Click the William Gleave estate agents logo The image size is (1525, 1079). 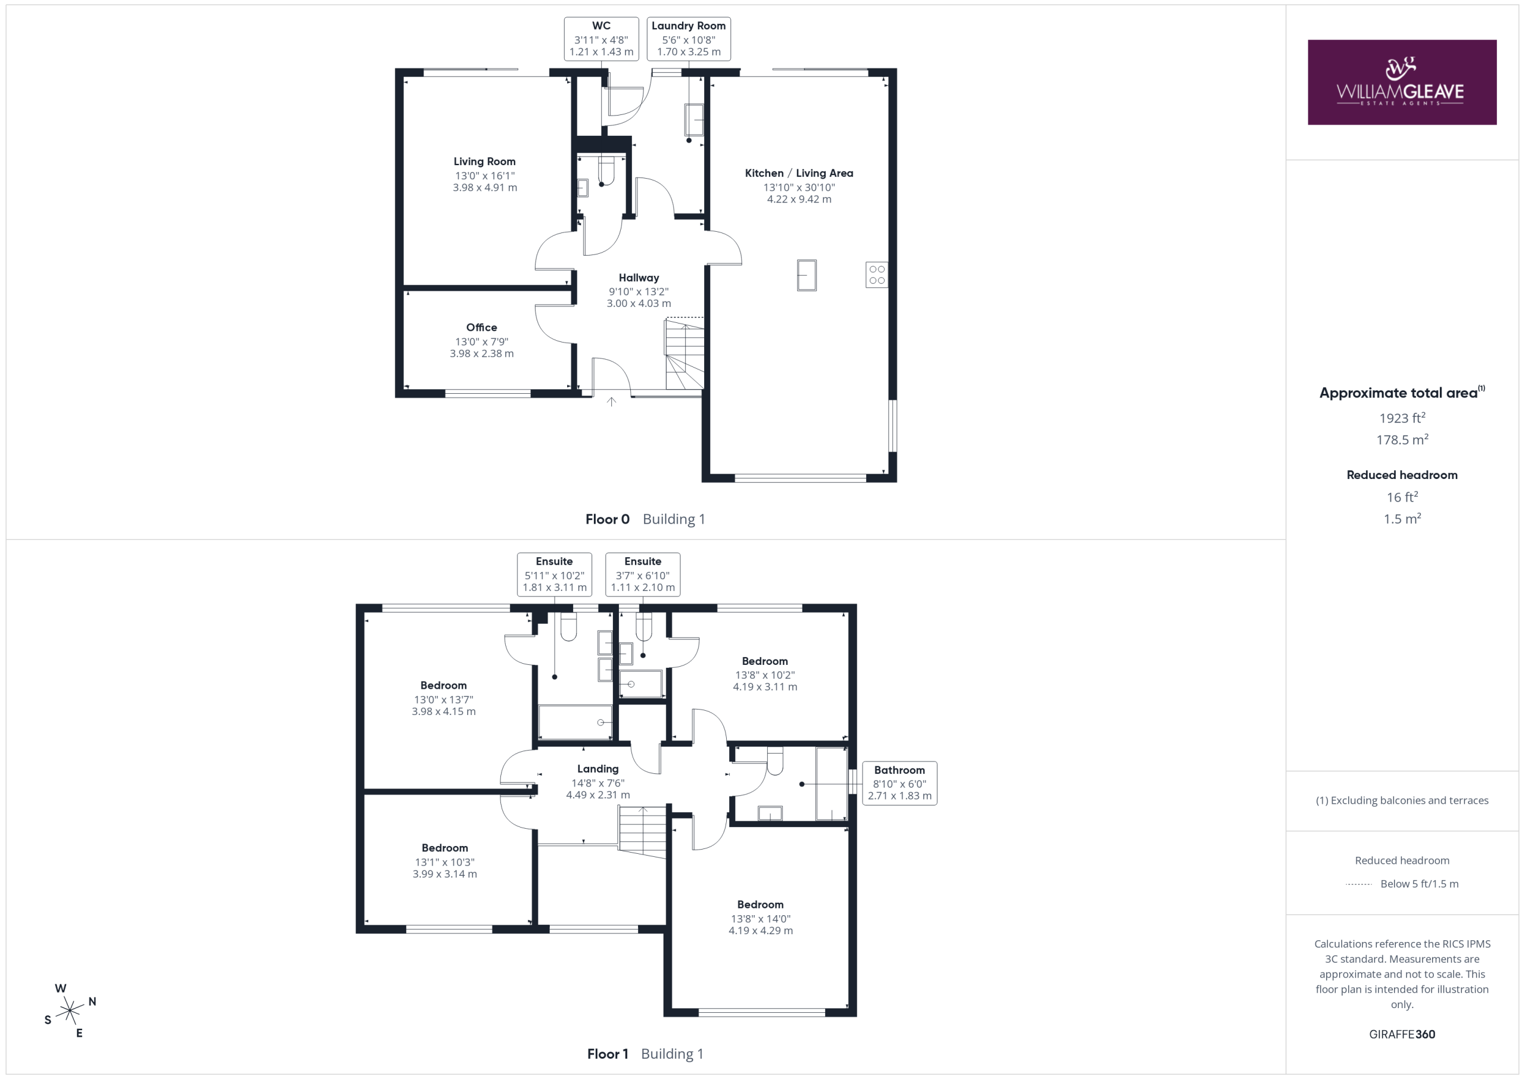(x=1402, y=82)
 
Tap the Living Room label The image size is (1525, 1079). (x=485, y=161)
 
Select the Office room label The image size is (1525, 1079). (x=481, y=328)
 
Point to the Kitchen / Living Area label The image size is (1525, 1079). (x=799, y=173)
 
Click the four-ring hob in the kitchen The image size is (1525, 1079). (x=877, y=275)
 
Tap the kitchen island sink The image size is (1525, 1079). (x=807, y=275)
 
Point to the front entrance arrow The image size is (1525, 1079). (x=611, y=402)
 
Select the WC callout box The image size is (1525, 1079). (x=601, y=39)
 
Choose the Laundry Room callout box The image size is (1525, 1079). (x=689, y=39)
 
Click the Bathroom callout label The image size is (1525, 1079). (x=900, y=783)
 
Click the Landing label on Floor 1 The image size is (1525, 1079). (x=597, y=769)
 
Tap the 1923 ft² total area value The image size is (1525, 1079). (x=1402, y=418)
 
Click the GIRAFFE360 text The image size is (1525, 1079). (x=1402, y=1034)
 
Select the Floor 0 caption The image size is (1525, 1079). (x=607, y=520)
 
